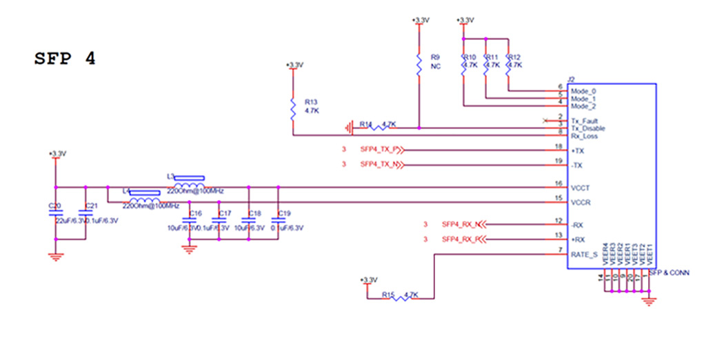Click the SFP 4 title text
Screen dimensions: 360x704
pos(65,59)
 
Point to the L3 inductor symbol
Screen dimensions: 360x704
pos(188,186)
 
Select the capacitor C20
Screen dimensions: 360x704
pos(55,215)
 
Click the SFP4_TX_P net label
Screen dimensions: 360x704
pos(381,150)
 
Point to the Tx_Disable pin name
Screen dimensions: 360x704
pos(587,128)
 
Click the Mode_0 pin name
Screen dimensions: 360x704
pos(583,91)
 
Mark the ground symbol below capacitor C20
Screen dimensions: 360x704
pos(55,256)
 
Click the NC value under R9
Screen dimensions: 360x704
pos(435,67)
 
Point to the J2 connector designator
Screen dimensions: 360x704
pos(571,80)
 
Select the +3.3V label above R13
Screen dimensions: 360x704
pos(294,65)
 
